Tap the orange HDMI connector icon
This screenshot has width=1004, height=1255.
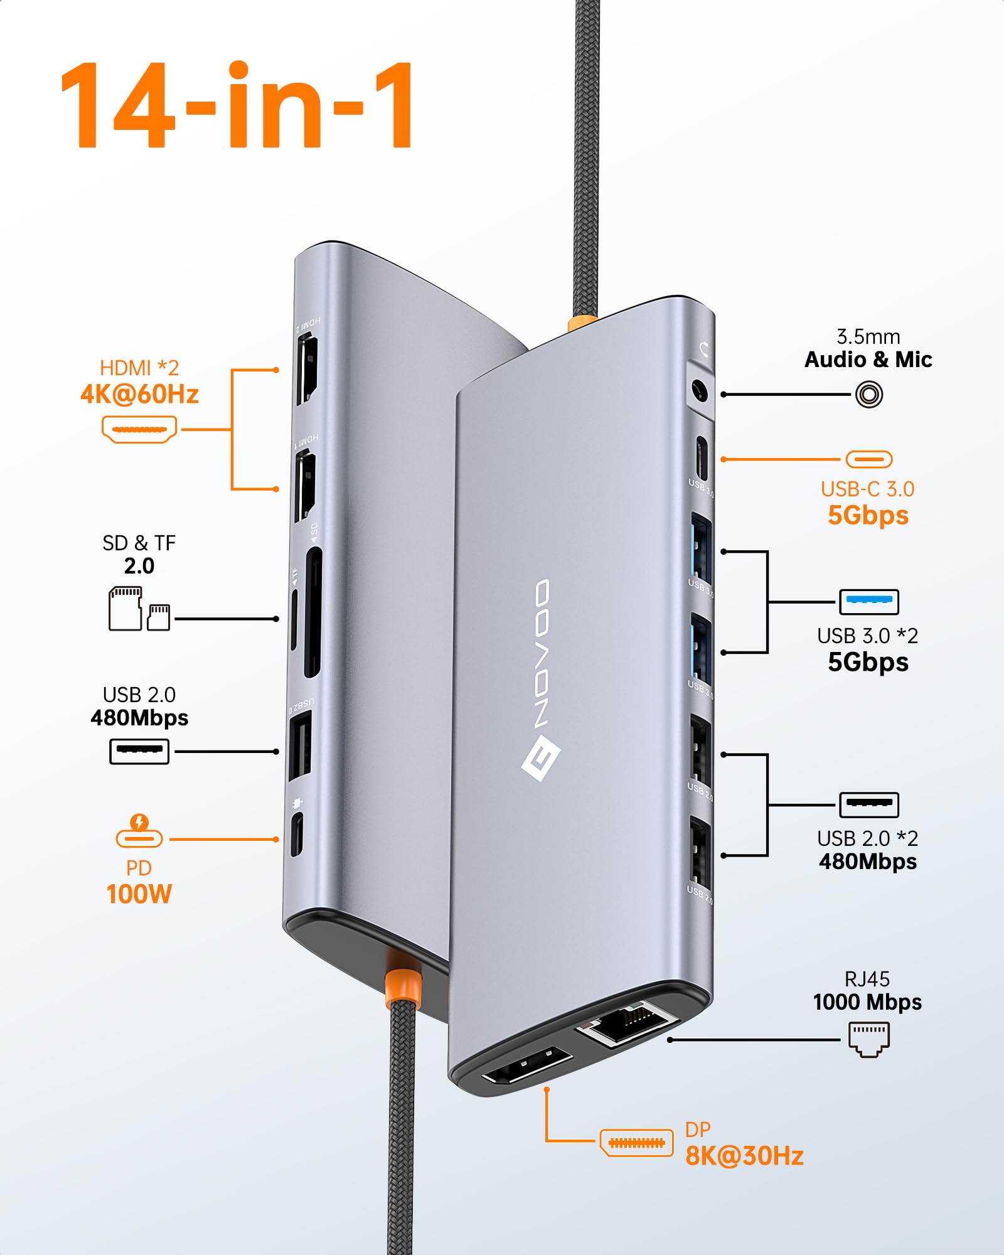[139, 430]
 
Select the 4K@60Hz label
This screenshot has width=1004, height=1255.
[139, 395]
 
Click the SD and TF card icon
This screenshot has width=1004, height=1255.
[139, 609]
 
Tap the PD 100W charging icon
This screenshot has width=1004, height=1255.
[139, 831]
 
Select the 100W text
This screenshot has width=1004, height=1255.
[139, 894]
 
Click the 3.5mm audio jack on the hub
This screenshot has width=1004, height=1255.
[699, 393]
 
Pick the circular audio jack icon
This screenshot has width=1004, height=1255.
[869, 395]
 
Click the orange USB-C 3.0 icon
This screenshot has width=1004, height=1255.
[869, 459]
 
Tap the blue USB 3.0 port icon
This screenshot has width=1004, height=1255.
[869, 602]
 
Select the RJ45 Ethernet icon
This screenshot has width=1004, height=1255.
[869, 1039]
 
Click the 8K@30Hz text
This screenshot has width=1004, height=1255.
[744, 1156]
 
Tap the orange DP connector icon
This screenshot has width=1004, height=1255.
[636, 1143]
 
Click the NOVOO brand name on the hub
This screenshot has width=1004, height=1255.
[542, 653]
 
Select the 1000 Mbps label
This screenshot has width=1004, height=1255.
[867, 1002]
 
